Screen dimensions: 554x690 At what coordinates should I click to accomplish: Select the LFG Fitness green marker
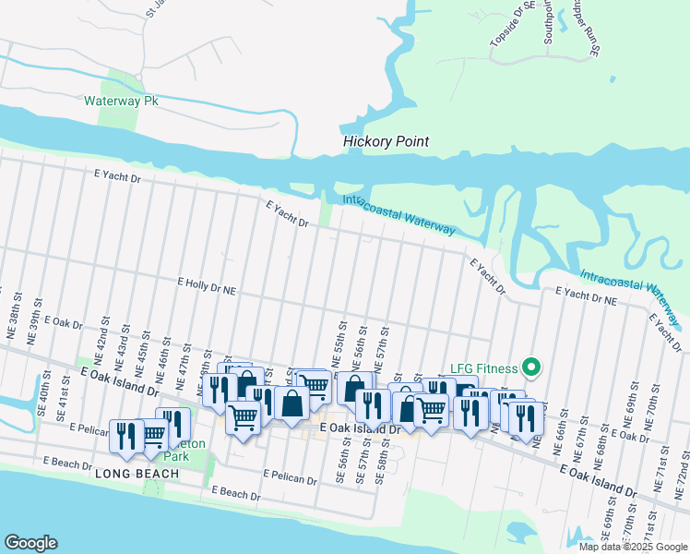[530, 367]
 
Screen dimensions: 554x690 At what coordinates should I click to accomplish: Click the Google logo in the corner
[30, 543]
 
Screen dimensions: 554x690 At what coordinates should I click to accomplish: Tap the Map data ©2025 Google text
[633, 547]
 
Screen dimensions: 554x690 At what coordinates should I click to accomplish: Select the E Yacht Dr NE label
[586, 295]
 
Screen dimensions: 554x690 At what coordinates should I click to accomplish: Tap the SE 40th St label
[43, 391]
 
